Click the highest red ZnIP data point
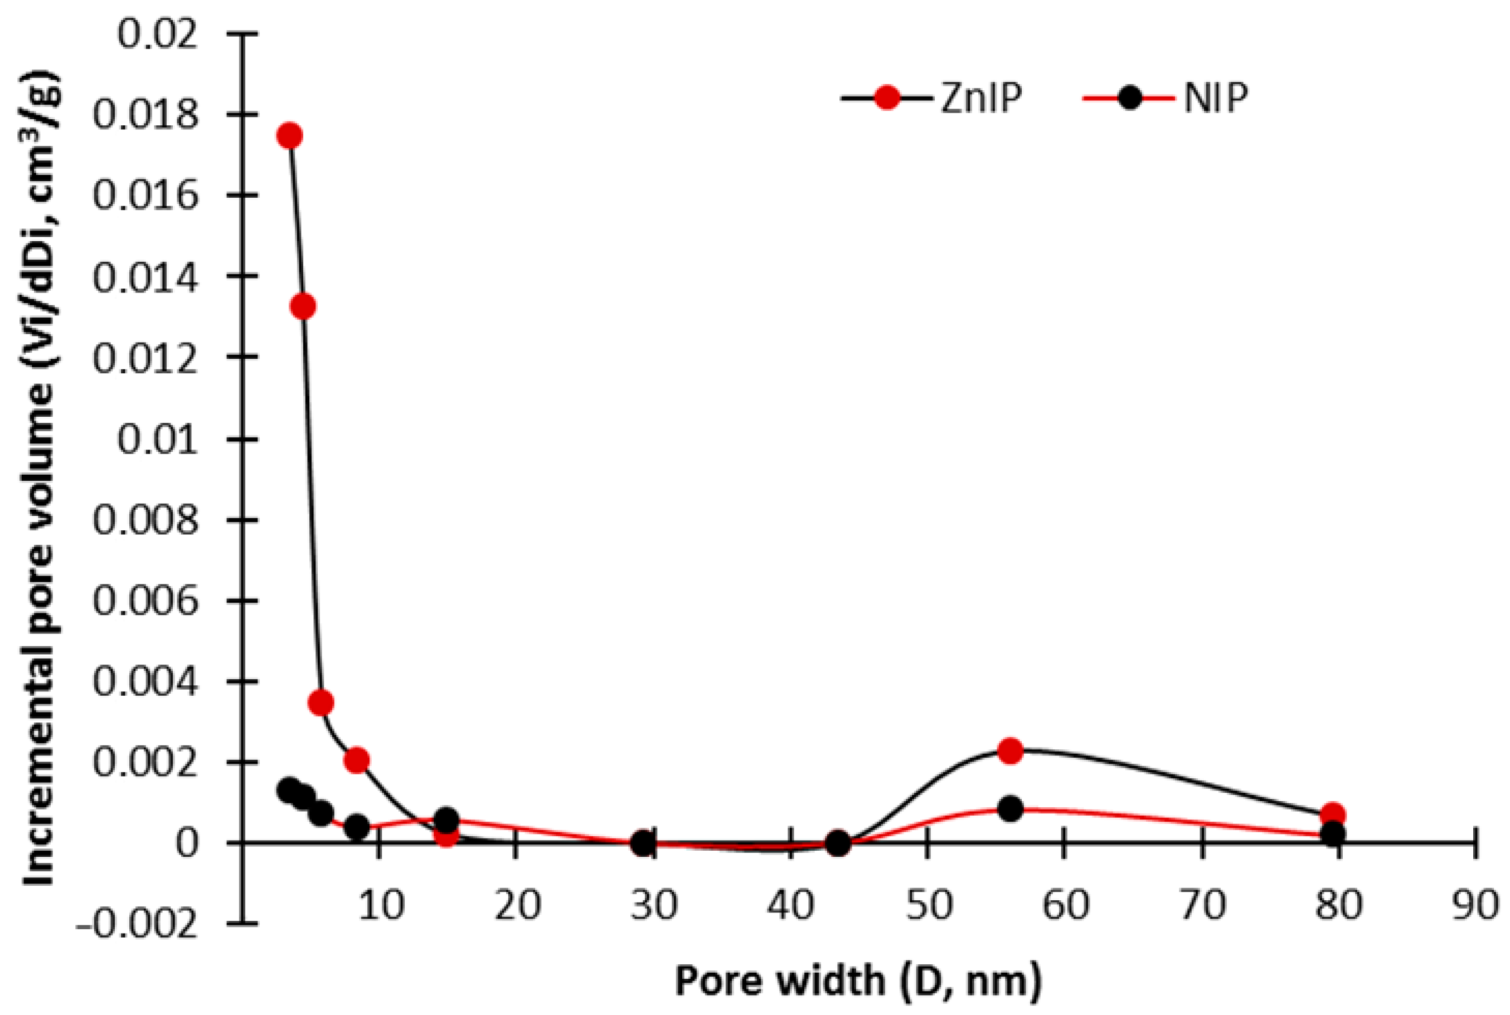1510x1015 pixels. click(x=289, y=136)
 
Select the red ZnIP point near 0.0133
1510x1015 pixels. click(x=302, y=306)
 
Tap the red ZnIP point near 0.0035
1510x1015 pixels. click(x=321, y=702)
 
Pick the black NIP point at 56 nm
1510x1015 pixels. click(x=1010, y=808)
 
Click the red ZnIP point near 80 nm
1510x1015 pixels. click(x=1333, y=814)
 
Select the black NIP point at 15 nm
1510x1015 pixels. click(x=446, y=819)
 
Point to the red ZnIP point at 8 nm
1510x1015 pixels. click(x=357, y=760)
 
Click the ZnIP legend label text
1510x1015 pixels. click(x=981, y=99)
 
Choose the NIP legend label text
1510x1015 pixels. click(x=1215, y=99)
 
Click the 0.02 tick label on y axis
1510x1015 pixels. click(x=157, y=33)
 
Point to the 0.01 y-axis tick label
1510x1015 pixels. click(x=157, y=440)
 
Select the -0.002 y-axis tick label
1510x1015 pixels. click(x=137, y=925)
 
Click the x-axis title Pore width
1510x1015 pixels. click(x=858, y=980)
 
